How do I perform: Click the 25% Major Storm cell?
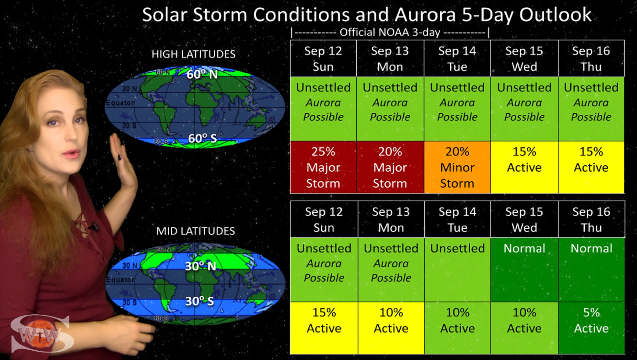pos(323,167)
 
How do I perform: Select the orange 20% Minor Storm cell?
pos(457,167)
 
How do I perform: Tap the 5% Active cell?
pos(591,328)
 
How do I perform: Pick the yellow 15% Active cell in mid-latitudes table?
pos(324,328)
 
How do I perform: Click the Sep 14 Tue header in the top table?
pos(457,58)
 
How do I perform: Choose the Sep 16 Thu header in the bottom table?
pos(591,219)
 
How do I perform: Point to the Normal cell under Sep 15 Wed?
pos(525,269)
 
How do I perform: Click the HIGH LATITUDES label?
pos(193,54)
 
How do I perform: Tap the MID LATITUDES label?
pos(195,231)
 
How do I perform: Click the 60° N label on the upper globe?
pos(202,74)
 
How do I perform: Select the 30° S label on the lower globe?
pos(199,301)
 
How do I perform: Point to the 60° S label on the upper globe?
pos(203,138)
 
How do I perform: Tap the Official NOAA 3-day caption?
pos(390,33)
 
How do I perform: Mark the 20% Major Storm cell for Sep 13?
pos(390,167)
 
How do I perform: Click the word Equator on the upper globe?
pos(120,103)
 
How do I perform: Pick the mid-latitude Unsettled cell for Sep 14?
pos(457,269)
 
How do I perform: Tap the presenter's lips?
pos(71,154)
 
